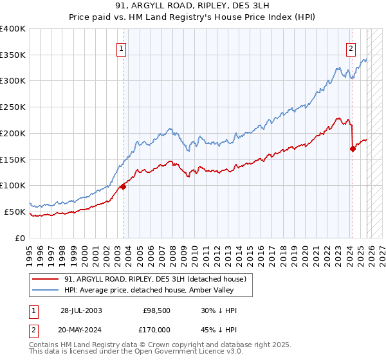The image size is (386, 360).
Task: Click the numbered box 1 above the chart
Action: point(122,47)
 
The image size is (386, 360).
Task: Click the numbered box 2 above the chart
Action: point(351,47)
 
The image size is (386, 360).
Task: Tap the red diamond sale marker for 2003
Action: point(123,186)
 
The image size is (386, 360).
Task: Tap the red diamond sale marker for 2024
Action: point(353,148)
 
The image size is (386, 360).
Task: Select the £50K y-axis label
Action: point(15,212)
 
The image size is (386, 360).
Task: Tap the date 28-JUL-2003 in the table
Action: point(80,310)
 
